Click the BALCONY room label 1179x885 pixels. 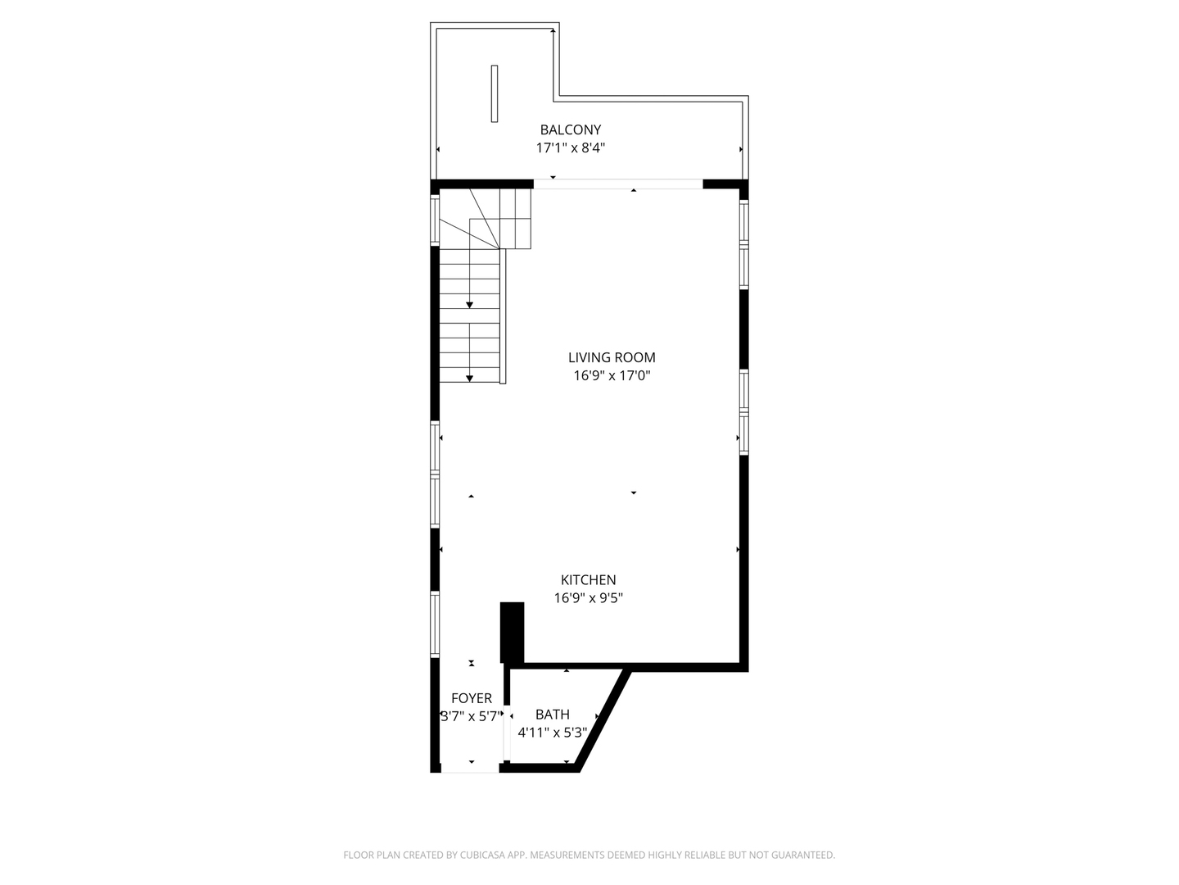570,129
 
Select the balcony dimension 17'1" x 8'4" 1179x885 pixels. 570,148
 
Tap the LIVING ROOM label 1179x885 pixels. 612,357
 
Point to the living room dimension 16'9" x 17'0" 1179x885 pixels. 612,376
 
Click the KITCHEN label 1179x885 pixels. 588,580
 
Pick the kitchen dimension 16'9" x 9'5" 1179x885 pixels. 588,598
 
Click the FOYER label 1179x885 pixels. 472,698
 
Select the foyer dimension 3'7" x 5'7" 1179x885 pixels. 470,716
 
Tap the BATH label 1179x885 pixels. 552,715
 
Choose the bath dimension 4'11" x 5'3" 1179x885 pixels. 552,733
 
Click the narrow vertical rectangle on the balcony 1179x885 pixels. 495,93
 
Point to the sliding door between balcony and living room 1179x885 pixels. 618,184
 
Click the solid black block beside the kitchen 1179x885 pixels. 512,632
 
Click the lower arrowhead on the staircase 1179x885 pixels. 469,378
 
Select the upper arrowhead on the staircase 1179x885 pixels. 469,305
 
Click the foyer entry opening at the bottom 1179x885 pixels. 470,769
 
